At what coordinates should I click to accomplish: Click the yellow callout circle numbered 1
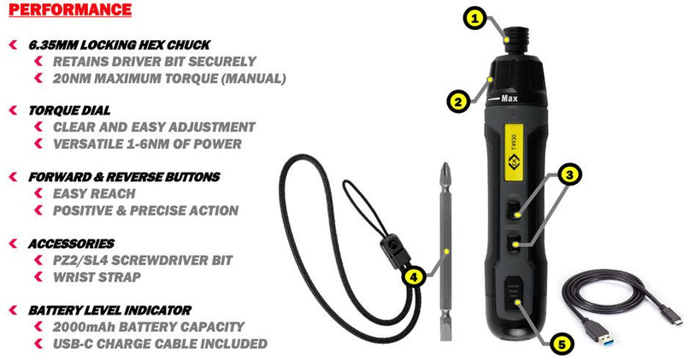point(476,16)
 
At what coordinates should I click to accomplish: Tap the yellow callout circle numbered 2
point(458,101)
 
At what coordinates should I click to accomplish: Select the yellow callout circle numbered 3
point(568,174)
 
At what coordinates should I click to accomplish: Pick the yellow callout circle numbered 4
point(413,276)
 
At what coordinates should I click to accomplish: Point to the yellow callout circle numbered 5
point(561,345)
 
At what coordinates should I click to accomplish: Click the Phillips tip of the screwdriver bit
point(446,169)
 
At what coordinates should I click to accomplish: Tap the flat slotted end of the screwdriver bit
point(447,333)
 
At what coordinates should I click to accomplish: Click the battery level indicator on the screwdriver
point(512,300)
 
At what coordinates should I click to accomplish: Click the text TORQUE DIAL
point(69,110)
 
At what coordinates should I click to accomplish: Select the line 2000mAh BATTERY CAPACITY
point(149,326)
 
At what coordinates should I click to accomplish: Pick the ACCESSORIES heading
point(71,244)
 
